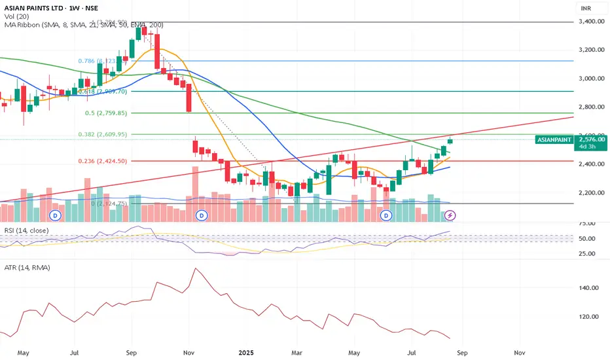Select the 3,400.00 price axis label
click(x=592, y=22)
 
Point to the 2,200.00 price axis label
click(x=592, y=193)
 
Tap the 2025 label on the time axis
click(x=246, y=351)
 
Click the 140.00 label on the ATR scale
click(x=589, y=288)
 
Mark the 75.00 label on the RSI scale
click(x=589, y=223)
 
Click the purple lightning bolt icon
click(x=450, y=215)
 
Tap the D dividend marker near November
click(x=202, y=215)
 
